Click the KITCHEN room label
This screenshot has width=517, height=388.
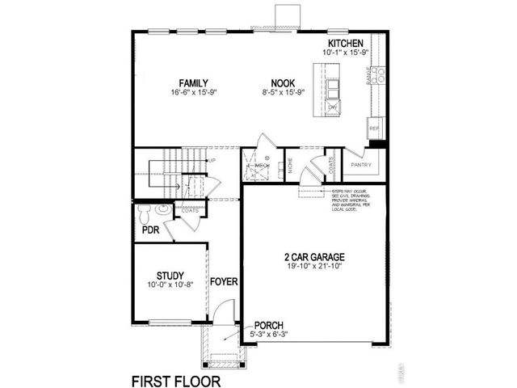pos(346,43)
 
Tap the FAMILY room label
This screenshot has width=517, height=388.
pos(194,83)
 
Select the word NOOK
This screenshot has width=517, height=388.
pos(283,83)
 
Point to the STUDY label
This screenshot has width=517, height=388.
pos(170,275)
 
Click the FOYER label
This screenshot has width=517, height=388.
pos(223,281)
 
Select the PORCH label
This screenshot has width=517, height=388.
pos(268,323)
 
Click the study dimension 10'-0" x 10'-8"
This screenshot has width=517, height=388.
pos(170,285)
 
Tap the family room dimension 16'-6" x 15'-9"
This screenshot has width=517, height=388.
pos(194,93)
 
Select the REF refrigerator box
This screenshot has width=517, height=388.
pos(374,129)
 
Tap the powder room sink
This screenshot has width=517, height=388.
pos(164,209)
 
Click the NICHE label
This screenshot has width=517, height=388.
pos(290,168)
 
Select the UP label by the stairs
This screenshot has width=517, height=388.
pos(212,161)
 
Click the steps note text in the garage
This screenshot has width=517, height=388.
pos(351,202)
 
